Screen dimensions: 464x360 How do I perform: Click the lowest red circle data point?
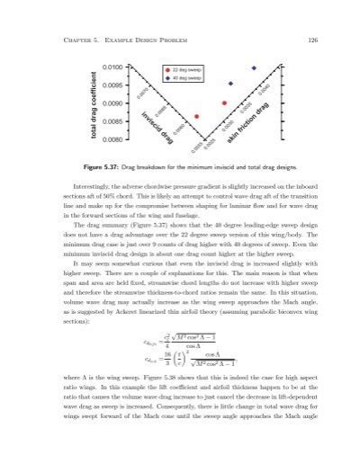tap(197, 116)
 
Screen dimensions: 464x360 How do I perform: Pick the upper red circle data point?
tap(224, 103)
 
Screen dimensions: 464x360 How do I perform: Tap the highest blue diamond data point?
tap(255, 67)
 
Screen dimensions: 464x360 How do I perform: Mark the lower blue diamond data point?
tap(230, 84)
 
